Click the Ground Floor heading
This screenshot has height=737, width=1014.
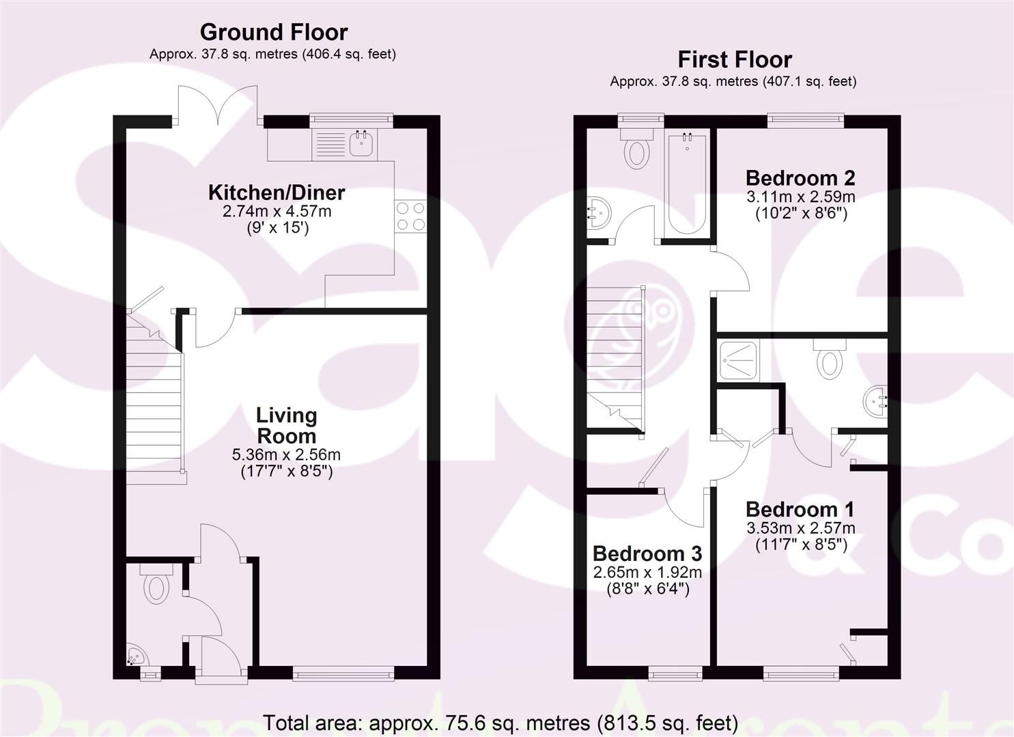tap(273, 32)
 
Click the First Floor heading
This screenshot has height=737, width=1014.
tap(734, 60)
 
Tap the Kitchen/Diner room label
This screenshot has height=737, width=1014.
tap(277, 192)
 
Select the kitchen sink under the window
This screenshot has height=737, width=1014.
tap(361, 144)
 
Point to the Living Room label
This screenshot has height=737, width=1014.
tap(286, 425)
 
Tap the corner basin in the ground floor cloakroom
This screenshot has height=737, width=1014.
tap(136, 656)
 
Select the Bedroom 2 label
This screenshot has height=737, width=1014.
tap(800, 178)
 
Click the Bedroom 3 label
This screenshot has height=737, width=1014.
tap(647, 553)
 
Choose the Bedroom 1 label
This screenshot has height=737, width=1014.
tap(800, 509)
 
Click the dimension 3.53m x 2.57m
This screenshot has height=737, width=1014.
tap(800, 528)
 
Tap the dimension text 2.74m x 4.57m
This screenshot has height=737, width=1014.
tap(277, 212)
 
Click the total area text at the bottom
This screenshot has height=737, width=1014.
tap(501, 722)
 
